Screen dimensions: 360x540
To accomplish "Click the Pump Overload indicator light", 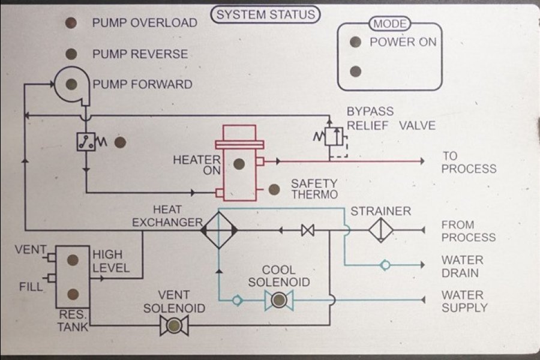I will point(71,23).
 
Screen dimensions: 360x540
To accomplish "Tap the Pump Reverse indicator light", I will point(71,54).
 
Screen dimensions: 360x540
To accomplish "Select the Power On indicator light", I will point(355,42).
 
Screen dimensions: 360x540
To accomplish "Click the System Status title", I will point(266,14).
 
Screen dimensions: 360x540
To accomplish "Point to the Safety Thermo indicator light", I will point(274,190).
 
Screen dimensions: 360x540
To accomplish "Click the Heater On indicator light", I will point(239,163).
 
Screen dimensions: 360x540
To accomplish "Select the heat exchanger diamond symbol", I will point(218,229).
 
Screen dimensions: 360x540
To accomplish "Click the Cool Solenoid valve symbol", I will point(278,300).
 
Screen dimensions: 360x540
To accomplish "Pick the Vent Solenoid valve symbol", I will point(175,326).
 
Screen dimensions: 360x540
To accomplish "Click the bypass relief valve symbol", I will point(335,137).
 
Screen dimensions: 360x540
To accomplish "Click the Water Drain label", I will point(462,266).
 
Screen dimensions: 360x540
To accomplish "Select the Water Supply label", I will point(464,301).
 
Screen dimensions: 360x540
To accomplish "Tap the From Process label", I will point(468,231).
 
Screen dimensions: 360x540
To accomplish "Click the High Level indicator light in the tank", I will point(73,260).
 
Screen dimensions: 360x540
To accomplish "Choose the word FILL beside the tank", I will point(31,287).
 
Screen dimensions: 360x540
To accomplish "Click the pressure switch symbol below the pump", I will point(86,142).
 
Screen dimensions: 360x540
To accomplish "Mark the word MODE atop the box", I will point(390,25).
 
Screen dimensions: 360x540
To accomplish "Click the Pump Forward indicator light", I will point(71,84).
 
